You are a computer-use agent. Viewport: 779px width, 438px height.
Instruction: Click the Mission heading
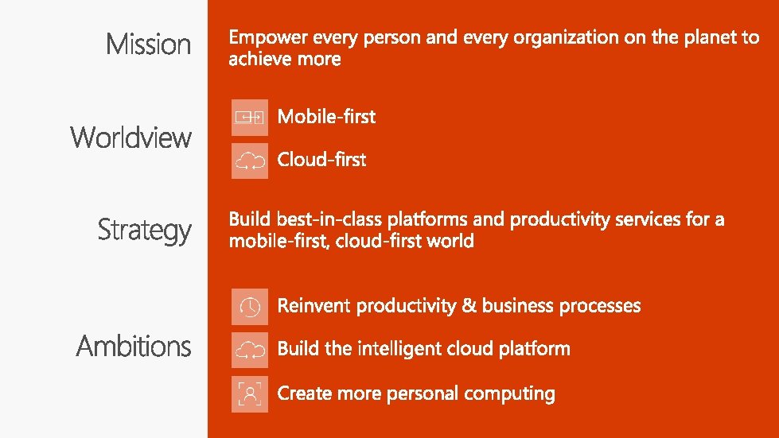coord(148,44)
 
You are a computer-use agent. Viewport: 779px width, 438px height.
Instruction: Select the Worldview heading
coord(130,137)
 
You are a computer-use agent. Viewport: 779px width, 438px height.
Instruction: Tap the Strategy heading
coord(145,231)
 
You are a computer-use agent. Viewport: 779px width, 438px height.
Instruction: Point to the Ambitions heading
coord(134,346)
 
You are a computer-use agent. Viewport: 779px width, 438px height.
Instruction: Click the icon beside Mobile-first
coord(250,118)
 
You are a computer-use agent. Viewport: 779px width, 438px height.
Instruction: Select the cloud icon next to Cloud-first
coord(250,161)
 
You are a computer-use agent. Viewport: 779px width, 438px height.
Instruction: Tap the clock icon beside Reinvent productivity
coord(250,307)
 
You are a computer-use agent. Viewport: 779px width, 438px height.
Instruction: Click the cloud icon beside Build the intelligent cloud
coord(250,351)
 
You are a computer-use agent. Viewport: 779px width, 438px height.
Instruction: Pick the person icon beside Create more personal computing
coord(250,394)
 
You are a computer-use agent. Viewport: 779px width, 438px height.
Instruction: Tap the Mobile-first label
coord(326,117)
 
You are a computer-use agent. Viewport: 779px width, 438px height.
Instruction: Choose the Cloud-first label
coord(322,160)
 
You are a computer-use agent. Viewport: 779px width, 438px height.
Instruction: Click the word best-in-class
coord(329,219)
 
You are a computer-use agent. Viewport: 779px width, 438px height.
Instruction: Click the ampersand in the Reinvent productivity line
coord(469,305)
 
